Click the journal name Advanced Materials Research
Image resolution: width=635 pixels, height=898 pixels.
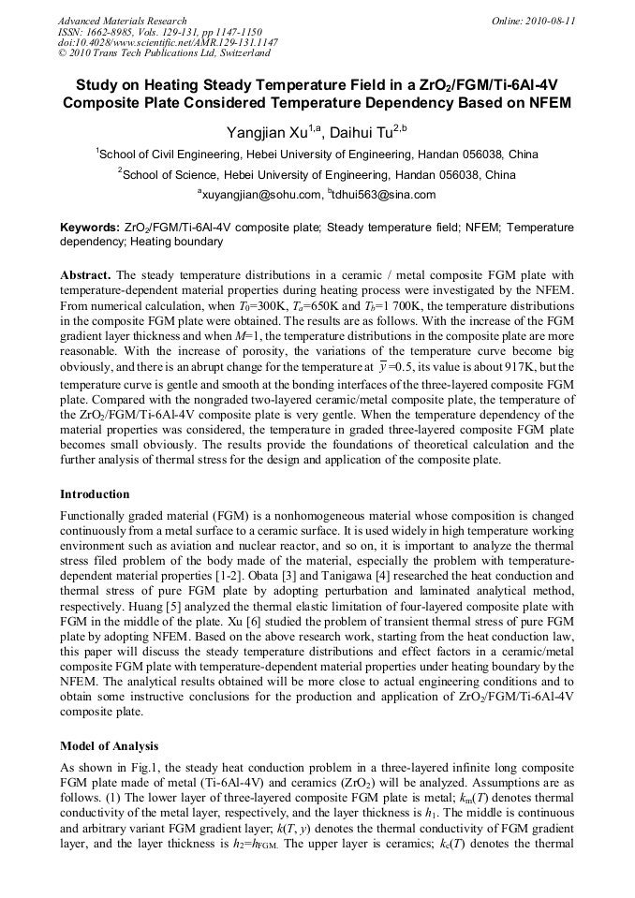click(x=122, y=21)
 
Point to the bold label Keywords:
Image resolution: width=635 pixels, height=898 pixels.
click(x=90, y=228)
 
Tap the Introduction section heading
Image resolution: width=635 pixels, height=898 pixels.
click(x=95, y=493)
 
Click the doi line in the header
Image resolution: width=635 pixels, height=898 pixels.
click(x=168, y=42)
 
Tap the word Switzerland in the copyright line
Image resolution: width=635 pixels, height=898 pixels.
click(x=234, y=52)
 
